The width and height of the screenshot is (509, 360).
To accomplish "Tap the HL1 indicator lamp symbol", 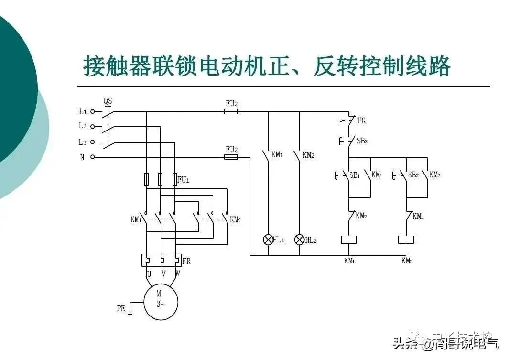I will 268,240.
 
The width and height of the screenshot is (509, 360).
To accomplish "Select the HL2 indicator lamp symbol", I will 300,240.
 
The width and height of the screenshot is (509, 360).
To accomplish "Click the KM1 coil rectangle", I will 348,240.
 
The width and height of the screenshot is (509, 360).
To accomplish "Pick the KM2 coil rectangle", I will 406,240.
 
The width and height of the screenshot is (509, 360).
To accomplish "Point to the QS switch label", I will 108,101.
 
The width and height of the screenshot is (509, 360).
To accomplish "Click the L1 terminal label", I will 83,111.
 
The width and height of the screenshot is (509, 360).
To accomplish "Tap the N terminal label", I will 82,157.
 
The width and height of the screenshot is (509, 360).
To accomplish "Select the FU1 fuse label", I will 184,180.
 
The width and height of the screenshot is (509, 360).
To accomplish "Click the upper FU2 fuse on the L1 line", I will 231,111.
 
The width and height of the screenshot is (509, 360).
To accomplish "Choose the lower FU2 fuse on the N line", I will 231,157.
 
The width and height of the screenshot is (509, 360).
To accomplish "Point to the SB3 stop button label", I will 362,141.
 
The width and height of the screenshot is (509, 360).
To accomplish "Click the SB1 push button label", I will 355,175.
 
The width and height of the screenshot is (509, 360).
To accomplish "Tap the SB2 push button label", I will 413,175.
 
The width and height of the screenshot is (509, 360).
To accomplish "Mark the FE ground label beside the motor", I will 121,308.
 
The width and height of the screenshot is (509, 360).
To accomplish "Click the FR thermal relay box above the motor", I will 161,260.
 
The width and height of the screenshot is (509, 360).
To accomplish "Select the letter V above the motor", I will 163,274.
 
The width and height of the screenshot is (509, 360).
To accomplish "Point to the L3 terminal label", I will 83,142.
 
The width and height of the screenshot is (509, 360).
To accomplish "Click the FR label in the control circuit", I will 361,121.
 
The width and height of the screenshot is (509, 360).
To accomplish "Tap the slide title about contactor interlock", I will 267,66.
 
